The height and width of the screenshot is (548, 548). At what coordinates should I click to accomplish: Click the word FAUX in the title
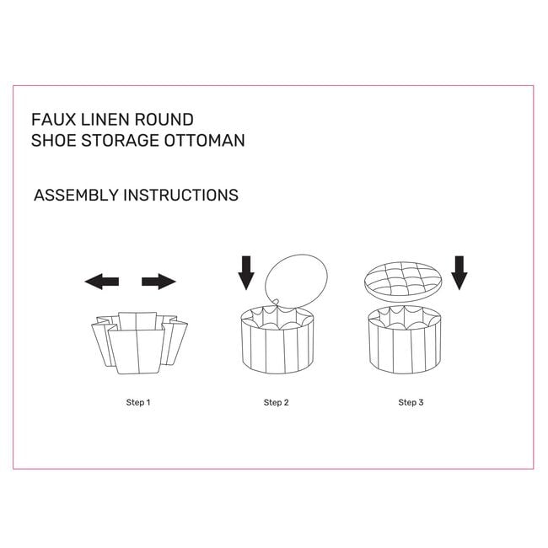[53, 120]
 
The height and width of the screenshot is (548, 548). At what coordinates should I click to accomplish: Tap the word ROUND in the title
[164, 120]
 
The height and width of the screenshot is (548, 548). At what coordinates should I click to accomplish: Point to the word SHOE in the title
[53, 141]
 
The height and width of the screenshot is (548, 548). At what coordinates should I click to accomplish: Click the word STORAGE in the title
[120, 141]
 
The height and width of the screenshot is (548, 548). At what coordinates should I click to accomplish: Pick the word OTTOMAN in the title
[205, 141]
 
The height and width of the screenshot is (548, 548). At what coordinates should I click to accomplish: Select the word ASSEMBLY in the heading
[76, 195]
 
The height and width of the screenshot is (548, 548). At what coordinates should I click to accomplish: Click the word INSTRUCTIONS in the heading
[181, 195]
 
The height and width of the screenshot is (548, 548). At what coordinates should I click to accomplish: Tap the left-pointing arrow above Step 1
[102, 282]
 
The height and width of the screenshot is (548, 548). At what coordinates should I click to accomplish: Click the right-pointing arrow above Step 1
[158, 282]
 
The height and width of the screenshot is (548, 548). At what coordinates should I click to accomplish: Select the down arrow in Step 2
[246, 272]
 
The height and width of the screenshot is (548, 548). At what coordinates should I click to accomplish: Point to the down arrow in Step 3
[459, 272]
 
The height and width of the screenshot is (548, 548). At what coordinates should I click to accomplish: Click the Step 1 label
[138, 402]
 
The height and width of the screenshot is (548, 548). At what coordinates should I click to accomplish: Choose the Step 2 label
[276, 402]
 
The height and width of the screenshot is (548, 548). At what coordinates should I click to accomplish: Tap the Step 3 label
[411, 402]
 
